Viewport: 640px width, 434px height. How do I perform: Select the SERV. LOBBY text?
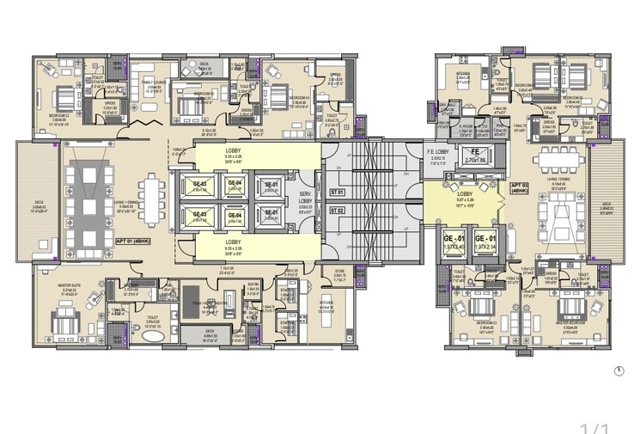coord(303,200)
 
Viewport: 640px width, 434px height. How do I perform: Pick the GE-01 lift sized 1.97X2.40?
coord(454,241)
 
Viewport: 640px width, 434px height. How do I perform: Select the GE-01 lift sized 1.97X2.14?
coord(486,241)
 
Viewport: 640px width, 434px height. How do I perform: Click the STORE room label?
coord(338,274)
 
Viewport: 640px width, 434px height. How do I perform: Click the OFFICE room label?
coord(335,75)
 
